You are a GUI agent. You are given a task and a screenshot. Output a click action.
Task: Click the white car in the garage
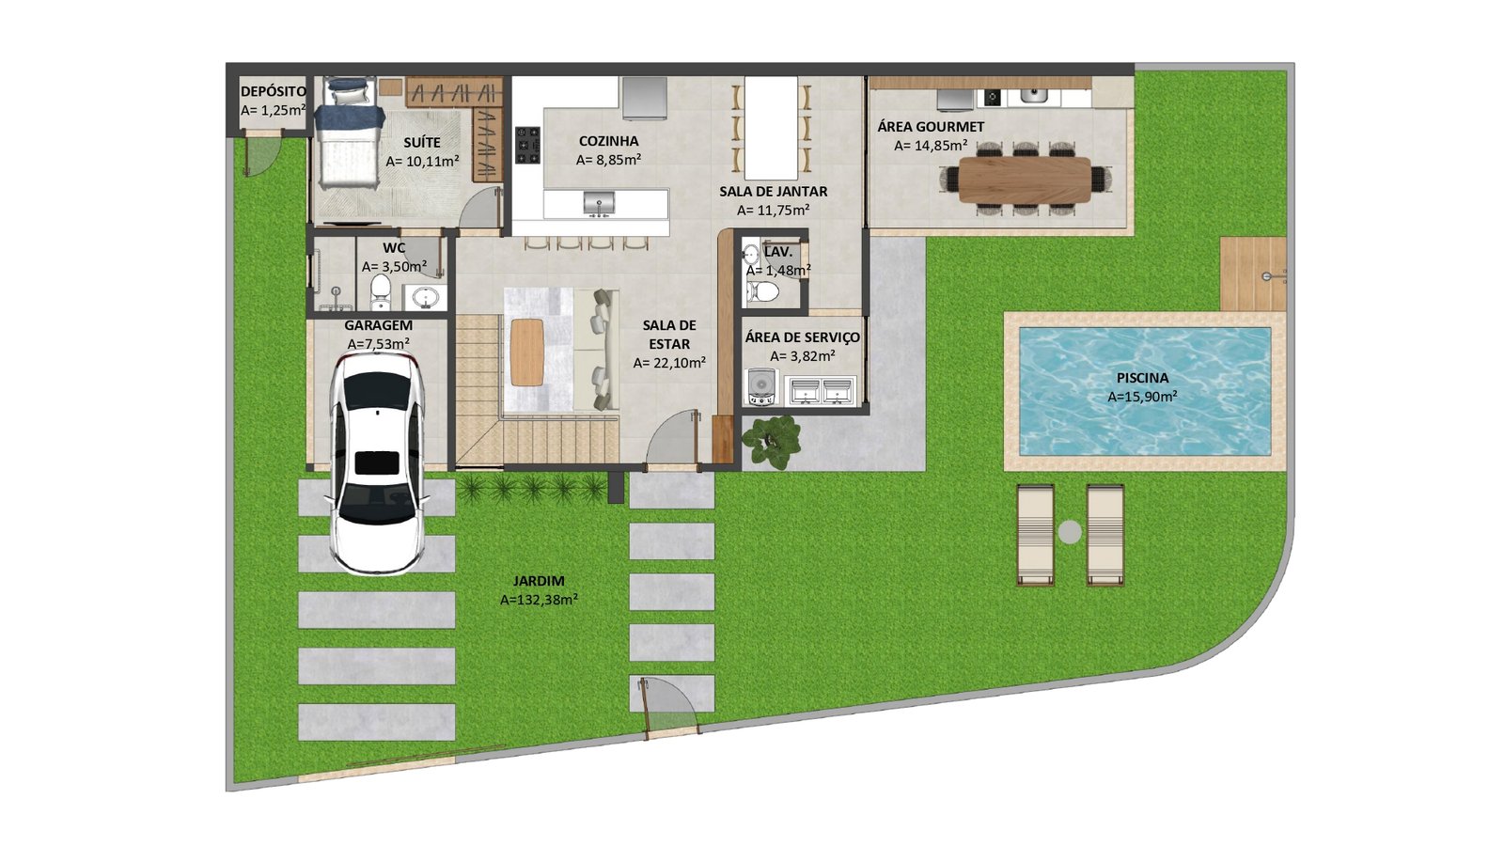pos(377,464)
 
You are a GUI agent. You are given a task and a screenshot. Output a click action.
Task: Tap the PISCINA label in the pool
pos(1142,378)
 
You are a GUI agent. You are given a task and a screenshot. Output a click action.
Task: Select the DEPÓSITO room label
pos(274,91)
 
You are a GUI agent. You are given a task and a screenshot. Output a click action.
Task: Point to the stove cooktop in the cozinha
pos(527,145)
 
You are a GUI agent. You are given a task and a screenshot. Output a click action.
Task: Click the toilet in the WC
pos(380,291)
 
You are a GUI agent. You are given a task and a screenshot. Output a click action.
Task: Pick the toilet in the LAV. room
pos(762,291)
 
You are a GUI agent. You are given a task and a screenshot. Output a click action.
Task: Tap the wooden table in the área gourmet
pos(1025,180)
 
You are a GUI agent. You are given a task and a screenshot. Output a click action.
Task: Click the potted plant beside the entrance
pos(771,441)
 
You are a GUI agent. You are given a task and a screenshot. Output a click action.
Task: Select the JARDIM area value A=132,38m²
pos(540,600)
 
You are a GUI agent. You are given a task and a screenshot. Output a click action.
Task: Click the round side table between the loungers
pos(1070,532)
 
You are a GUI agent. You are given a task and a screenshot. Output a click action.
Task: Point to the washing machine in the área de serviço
pos(760,387)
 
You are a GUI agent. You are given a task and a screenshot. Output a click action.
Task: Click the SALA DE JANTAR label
pos(774,192)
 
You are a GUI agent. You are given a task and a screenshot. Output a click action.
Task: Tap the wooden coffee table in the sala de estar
pos(526,352)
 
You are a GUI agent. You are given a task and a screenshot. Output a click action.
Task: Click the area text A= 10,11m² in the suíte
pos(422,161)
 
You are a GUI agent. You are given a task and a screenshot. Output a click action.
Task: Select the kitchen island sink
pos(598,203)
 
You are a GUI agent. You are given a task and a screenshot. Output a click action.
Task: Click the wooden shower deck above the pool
pos(1253,274)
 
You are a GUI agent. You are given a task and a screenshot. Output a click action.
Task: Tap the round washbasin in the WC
pos(424,296)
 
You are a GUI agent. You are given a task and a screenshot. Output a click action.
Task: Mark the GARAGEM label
pos(379,325)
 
